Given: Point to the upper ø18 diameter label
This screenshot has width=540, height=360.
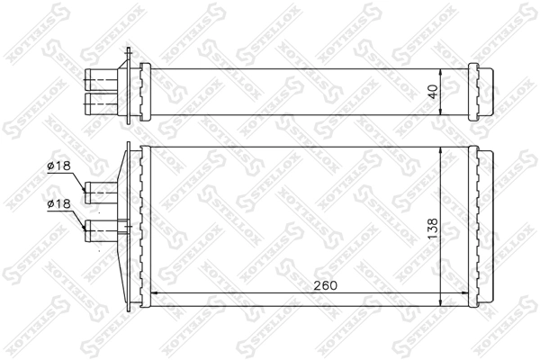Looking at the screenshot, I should (x=59, y=166).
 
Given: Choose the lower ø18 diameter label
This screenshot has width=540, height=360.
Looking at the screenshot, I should (x=59, y=205).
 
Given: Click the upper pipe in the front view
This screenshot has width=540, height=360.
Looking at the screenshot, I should (x=101, y=191).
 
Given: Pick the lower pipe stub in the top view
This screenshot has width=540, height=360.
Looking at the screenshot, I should (x=101, y=100).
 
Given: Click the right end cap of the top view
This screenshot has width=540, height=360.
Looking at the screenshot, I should (x=483, y=88).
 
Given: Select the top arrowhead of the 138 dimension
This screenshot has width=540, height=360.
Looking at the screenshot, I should (x=439, y=148).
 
